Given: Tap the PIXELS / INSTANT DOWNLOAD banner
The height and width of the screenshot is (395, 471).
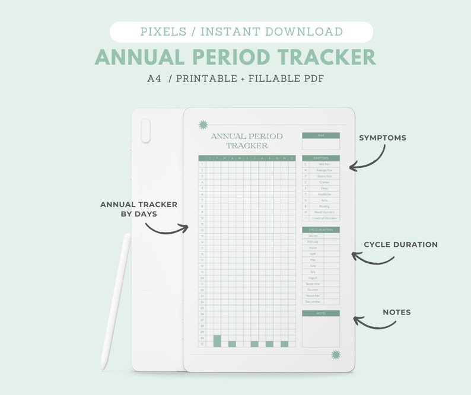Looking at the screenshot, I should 241,32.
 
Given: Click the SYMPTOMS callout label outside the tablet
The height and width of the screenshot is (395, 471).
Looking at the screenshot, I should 383,138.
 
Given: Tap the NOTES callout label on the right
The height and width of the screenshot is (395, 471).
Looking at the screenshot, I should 396,312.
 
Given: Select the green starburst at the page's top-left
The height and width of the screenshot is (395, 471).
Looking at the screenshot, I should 203,125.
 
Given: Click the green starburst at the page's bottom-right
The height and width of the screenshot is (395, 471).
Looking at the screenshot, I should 336,355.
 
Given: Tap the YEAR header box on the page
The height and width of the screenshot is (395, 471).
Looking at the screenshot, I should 321,135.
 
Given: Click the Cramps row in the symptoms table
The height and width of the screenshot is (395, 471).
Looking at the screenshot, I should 324,182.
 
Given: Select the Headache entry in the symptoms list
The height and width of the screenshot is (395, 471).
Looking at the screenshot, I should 324,194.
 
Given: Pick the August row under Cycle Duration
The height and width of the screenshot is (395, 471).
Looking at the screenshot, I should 313,278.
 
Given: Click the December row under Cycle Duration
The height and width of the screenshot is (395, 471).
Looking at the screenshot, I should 313,302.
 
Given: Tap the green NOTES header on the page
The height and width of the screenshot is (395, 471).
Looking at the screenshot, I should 321,313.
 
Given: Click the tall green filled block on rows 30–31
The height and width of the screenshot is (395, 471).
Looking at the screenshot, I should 217,340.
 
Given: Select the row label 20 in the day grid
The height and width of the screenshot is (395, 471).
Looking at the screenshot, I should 202,278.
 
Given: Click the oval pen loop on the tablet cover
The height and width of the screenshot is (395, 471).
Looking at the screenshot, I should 145,130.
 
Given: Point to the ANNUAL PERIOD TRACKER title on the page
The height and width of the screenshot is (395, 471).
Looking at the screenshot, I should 247,141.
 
